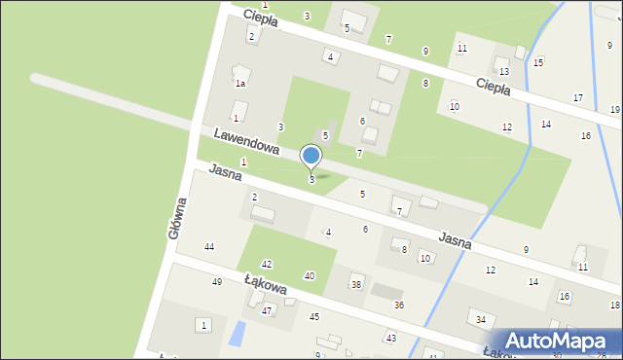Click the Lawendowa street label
[x=247, y=142]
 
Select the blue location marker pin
[x=311, y=157]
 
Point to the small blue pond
[x=237, y=335]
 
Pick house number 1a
[x=239, y=84]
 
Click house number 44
[x=208, y=247]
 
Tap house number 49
[x=217, y=282]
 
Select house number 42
[x=267, y=265]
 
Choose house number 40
[x=310, y=276]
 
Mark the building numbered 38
[x=356, y=284]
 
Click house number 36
[x=399, y=306]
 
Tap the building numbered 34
[x=480, y=319]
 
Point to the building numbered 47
[x=266, y=310]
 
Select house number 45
[x=314, y=317]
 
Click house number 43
[x=391, y=338]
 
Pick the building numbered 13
[x=503, y=72]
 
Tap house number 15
[x=538, y=62]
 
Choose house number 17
[x=578, y=98]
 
